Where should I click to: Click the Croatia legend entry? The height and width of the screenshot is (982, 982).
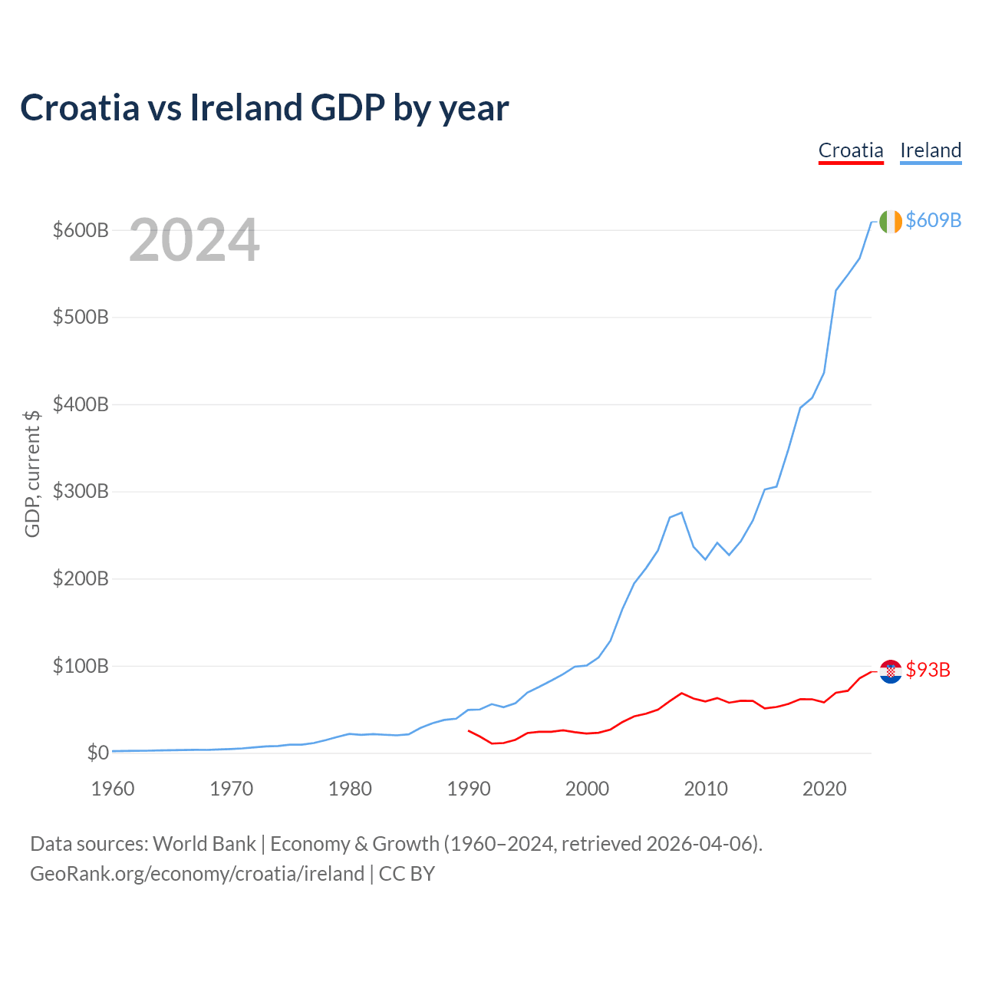tap(851, 150)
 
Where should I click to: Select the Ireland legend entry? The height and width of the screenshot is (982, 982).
tap(931, 150)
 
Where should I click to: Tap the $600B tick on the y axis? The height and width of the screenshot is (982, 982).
tap(81, 230)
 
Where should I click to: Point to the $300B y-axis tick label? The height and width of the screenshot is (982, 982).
tap(81, 492)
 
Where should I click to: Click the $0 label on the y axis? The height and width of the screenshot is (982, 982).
tap(97, 753)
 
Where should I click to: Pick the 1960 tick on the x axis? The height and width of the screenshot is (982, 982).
tap(113, 789)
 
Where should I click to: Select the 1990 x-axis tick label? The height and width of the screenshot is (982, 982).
tap(469, 789)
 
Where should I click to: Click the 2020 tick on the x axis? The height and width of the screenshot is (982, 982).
tap(825, 789)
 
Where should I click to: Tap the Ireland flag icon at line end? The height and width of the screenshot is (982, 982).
tap(891, 221)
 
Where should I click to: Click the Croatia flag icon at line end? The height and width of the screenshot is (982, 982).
tap(891, 671)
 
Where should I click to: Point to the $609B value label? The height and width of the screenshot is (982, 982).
tap(934, 221)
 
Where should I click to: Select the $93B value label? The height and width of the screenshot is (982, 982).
tap(928, 671)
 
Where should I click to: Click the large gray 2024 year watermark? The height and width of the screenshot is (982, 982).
tap(194, 241)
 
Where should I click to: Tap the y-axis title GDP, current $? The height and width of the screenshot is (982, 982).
tap(32, 473)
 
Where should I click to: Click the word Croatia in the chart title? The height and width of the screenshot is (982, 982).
tap(80, 107)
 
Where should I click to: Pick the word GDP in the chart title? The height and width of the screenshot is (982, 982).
tap(348, 107)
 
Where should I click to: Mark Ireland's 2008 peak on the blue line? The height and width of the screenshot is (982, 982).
tap(681, 512)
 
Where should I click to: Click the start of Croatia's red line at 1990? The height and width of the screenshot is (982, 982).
tap(469, 730)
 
